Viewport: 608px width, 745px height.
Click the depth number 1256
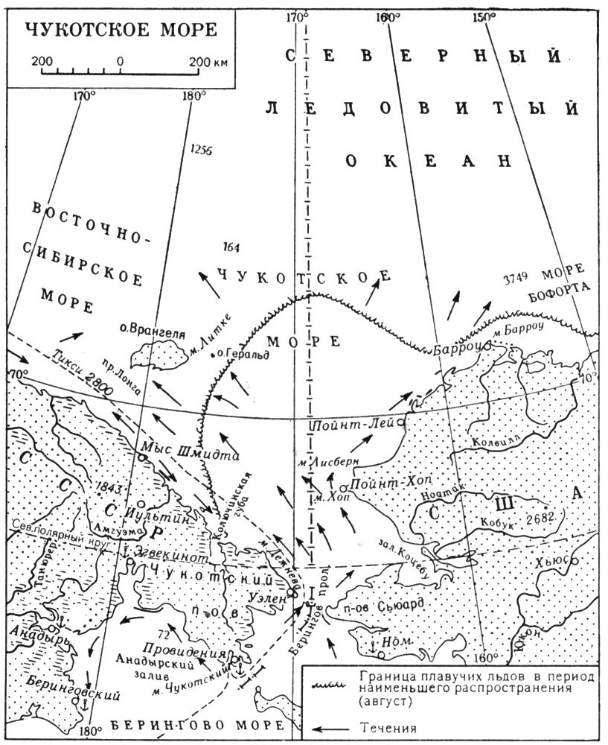(x=201, y=149)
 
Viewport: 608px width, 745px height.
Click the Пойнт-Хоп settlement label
(x=381, y=485)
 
